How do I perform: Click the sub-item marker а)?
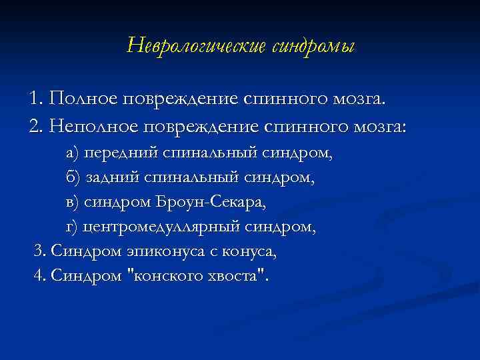pyautogui.click(x=72, y=154)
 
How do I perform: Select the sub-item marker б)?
pyautogui.click(x=72, y=178)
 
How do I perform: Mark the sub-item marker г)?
pyautogui.click(x=71, y=227)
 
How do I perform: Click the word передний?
pyautogui.click(x=122, y=154)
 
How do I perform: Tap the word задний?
pyautogui.click(x=114, y=178)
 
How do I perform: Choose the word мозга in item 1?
pyautogui.click(x=361, y=100)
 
